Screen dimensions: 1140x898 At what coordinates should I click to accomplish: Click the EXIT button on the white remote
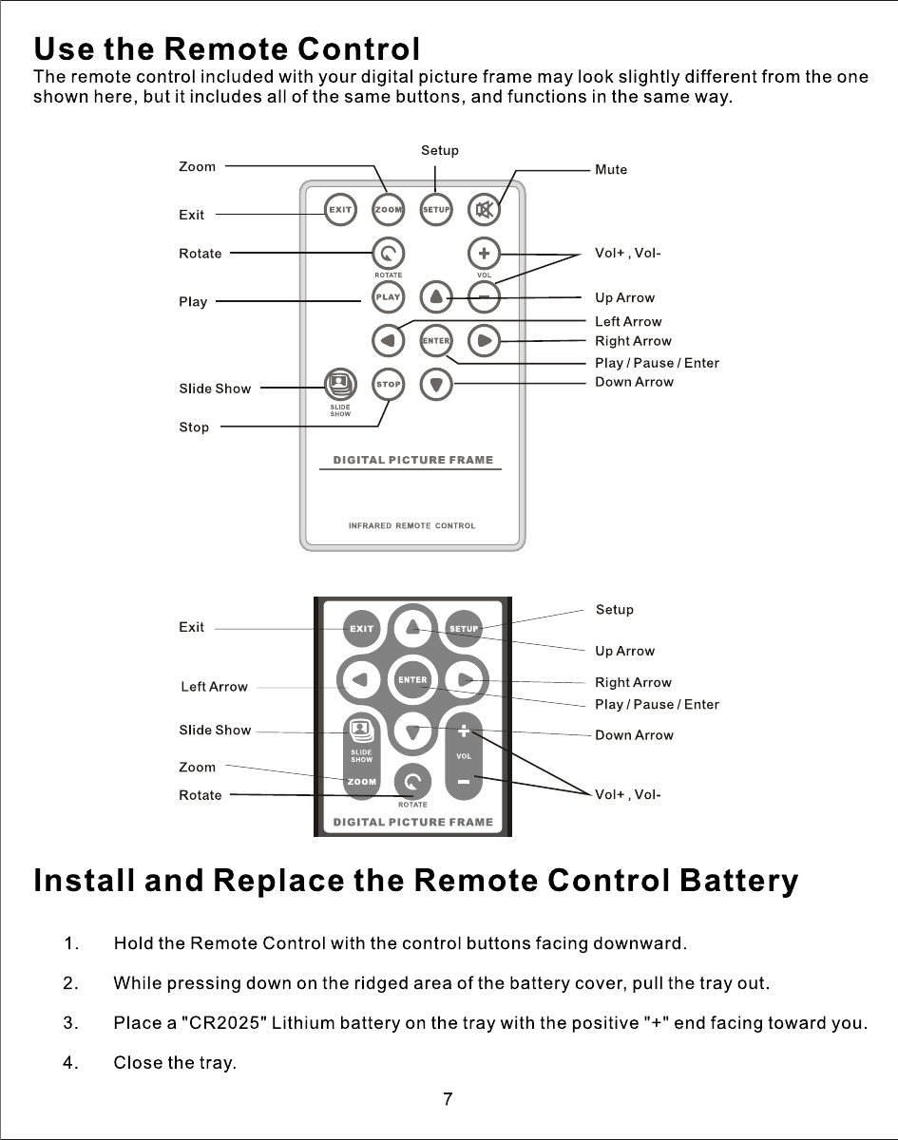[x=340, y=209]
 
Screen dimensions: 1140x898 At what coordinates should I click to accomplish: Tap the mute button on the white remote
[x=485, y=209]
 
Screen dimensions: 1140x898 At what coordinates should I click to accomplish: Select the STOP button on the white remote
[x=388, y=385]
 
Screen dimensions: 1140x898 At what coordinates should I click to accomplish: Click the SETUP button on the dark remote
[x=463, y=628]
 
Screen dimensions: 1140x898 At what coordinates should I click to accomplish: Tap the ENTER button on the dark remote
[x=412, y=679]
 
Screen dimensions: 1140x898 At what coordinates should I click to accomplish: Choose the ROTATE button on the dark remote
[x=412, y=782]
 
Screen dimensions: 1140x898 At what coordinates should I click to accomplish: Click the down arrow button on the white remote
[x=436, y=385]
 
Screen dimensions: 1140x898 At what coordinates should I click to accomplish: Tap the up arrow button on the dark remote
[x=412, y=626]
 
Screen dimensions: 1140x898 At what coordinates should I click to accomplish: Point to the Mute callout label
[x=611, y=170]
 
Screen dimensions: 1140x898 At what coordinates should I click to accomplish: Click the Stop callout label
[x=194, y=427]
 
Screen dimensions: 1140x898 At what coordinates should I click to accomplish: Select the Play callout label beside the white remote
[x=193, y=302]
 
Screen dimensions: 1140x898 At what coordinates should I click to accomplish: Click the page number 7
[x=448, y=1100]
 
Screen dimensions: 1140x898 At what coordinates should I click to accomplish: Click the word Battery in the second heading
[x=738, y=882]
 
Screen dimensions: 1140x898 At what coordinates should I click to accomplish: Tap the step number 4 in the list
[x=69, y=1063]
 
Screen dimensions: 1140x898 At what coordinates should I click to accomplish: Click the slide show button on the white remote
[x=340, y=384]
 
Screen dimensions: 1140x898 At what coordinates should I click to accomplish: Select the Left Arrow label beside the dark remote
[x=214, y=687]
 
